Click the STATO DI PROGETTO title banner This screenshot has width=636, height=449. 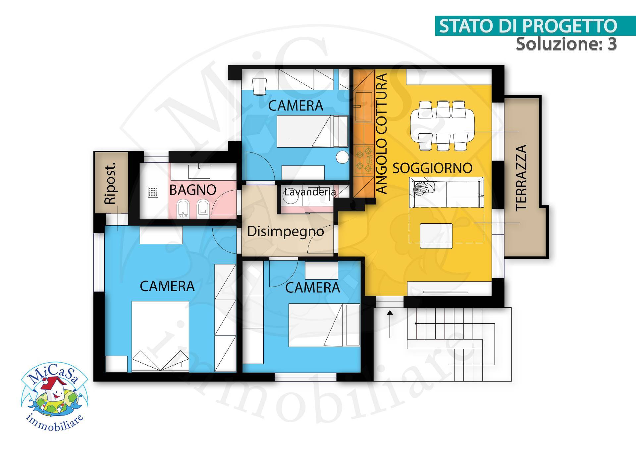coord(528,26)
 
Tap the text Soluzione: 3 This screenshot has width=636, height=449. coord(566,44)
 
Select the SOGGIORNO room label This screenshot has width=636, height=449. coord(432,168)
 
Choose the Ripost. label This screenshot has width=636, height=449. coord(110,183)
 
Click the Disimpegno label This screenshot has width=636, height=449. coord(285,231)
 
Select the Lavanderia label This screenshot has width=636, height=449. coord(310,192)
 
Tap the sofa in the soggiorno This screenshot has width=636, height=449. coord(447,193)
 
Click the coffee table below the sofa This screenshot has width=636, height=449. coord(436,236)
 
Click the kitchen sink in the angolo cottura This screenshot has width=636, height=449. coord(363,107)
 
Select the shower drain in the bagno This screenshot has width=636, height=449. coord(153,192)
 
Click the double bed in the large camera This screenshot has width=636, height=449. coord(160,336)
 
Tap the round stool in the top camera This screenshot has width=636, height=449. coord(342,157)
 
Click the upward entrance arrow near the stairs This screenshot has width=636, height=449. coord(390,323)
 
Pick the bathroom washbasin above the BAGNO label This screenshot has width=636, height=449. coord(199,171)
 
